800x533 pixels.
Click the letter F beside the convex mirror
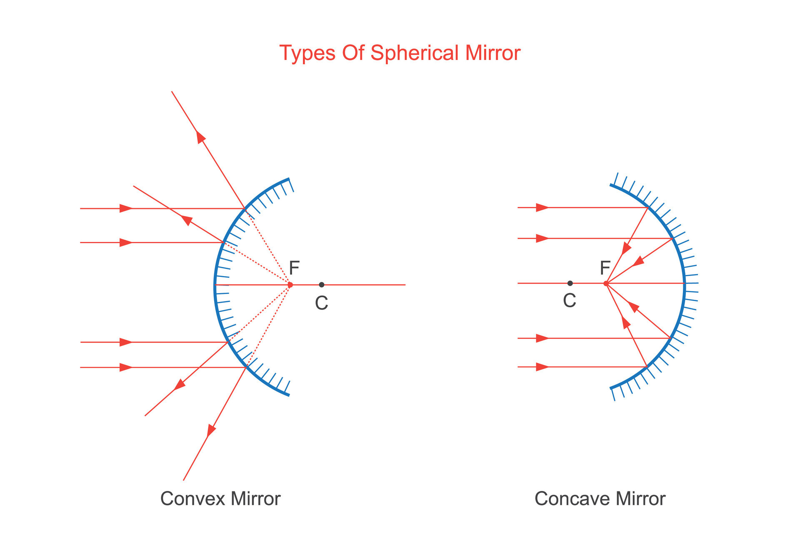(x=294, y=268)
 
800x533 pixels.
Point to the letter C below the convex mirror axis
(x=321, y=303)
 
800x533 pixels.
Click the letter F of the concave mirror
(x=605, y=268)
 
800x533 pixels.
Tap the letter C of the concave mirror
(x=570, y=300)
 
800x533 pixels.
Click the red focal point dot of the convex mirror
(x=290, y=285)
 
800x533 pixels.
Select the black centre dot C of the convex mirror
(x=322, y=285)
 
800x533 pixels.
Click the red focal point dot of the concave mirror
(x=606, y=284)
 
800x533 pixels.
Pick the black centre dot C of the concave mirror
(x=570, y=283)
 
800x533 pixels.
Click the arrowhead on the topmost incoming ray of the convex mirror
(x=126, y=208)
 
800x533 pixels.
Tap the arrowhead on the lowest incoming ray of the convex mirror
(x=126, y=367)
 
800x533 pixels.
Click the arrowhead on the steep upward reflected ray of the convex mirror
(x=201, y=137)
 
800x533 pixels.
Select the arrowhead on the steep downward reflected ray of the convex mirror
(x=212, y=430)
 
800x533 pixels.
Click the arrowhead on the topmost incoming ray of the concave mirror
(x=542, y=207)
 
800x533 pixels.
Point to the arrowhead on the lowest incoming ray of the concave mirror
(x=542, y=367)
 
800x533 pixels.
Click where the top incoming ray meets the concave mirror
(x=648, y=207)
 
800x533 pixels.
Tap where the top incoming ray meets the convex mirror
(x=245, y=208)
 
